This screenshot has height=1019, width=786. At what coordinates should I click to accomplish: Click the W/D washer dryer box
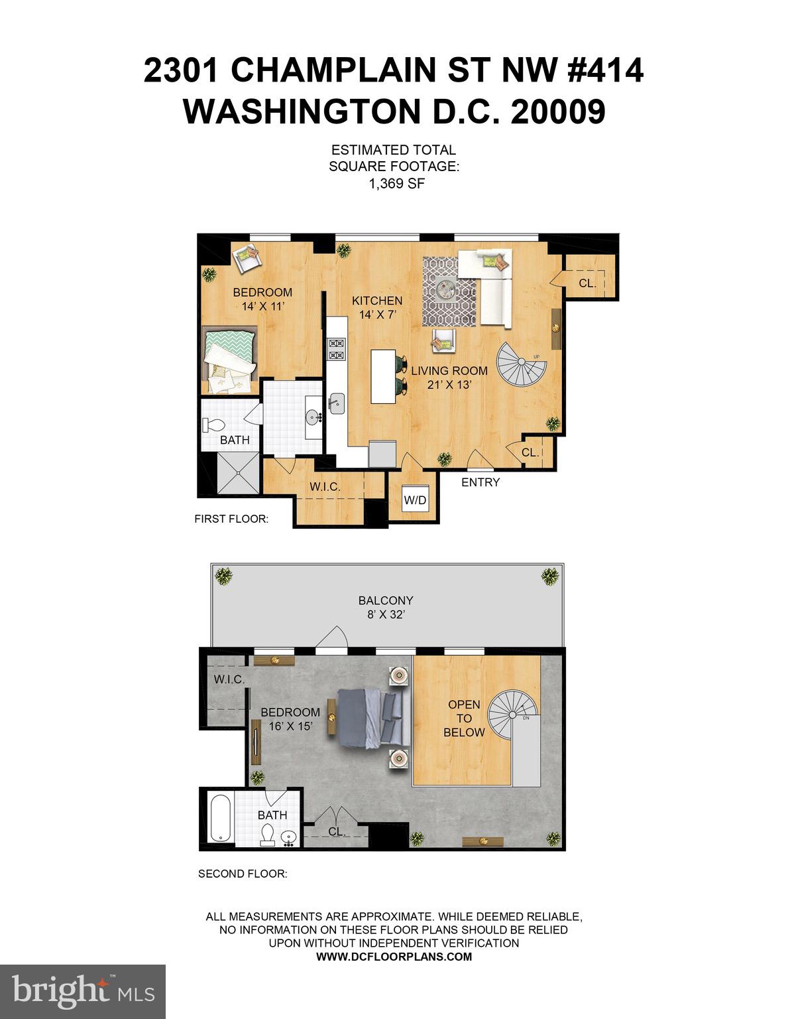416,500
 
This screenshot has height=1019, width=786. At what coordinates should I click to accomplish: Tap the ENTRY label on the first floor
480,482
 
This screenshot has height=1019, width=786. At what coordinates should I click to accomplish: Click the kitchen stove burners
337,349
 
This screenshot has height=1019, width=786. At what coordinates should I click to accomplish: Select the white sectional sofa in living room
490,285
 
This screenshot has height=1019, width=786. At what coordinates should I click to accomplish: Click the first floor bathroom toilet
215,425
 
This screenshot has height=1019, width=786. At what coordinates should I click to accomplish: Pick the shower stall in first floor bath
237,472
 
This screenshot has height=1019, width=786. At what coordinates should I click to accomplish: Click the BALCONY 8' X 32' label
385,607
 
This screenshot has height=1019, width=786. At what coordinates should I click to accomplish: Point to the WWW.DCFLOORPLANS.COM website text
394,956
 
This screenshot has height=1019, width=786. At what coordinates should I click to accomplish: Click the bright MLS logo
82,991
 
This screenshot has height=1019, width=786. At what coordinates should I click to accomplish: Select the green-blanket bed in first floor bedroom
229,362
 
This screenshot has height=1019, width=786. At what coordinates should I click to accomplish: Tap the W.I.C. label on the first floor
325,487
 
